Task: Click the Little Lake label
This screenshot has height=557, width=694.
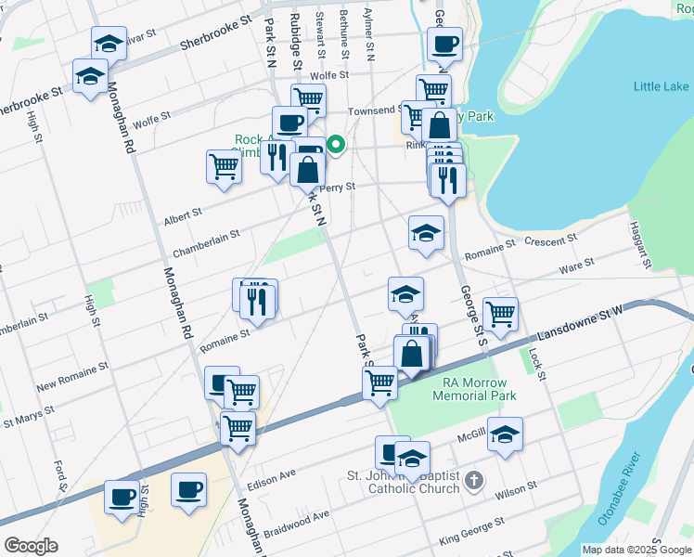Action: tap(661, 86)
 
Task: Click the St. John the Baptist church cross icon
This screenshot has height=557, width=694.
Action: tap(474, 481)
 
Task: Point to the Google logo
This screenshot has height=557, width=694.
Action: tap(32, 546)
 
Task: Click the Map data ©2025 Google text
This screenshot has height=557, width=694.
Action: tap(637, 550)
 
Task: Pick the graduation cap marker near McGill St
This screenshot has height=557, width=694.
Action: tap(505, 434)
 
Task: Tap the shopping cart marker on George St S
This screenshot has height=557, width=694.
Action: tap(500, 313)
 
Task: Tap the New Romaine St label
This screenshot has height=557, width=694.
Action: tap(71, 374)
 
